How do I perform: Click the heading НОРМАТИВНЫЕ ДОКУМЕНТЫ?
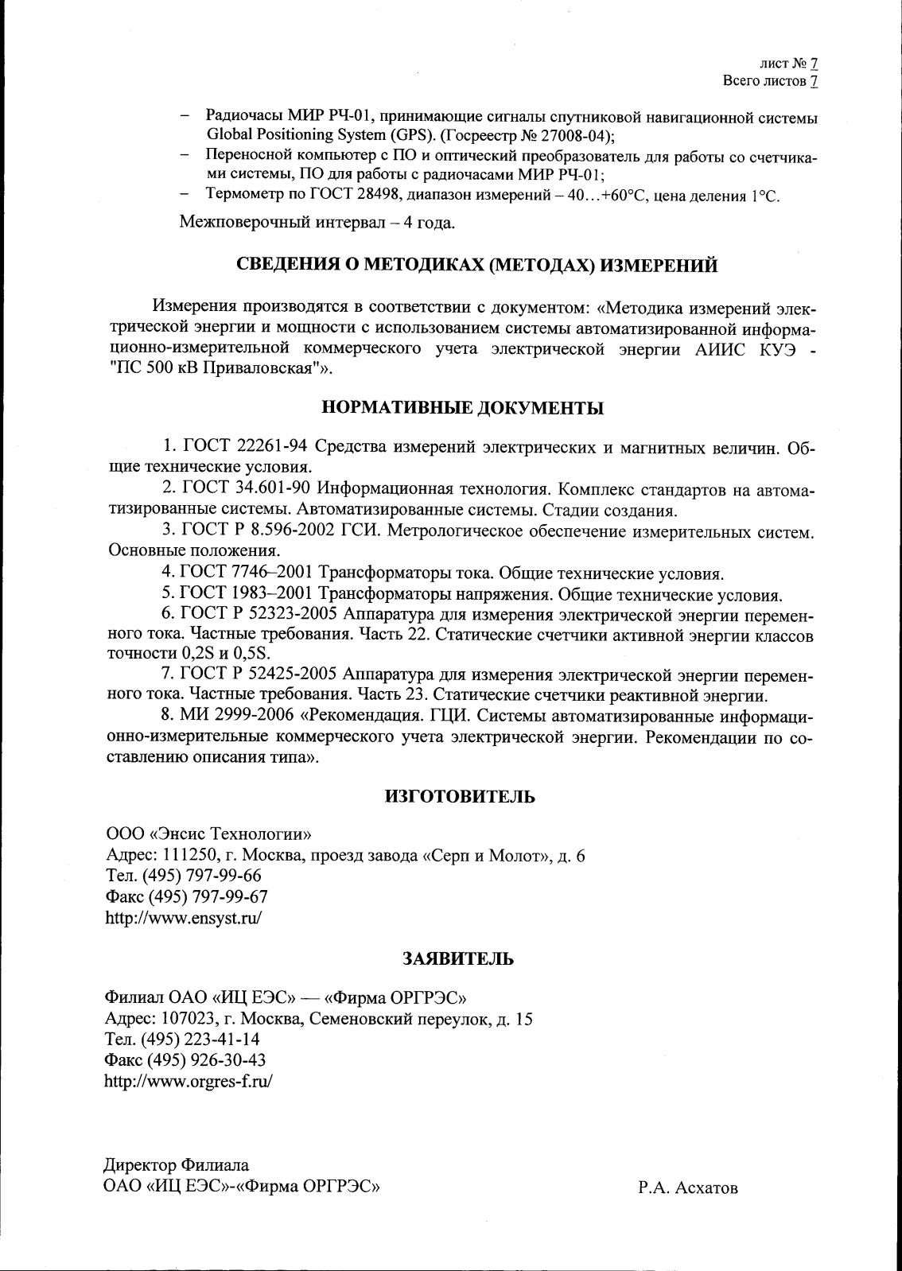461,409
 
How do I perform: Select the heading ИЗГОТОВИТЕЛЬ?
460,796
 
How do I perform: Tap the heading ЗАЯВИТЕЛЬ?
459,958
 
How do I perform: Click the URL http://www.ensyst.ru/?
184,917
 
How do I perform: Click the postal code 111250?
189,856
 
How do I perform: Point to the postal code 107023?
189,1019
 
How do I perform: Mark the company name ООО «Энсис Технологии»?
208,834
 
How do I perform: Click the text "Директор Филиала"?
177,1166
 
